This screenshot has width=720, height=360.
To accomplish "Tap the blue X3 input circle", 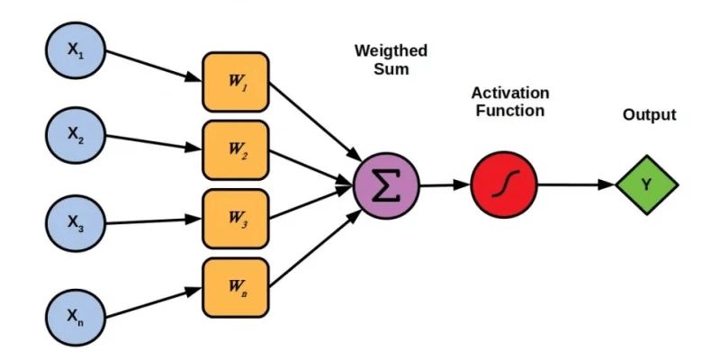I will click(x=76, y=221).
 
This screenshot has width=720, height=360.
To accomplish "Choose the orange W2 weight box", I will click(x=236, y=150).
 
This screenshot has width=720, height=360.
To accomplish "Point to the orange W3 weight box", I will click(x=236, y=219).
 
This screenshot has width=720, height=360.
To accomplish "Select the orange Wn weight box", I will click(x=236, y=287).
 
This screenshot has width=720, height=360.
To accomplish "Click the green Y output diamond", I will click(x=647, y=185).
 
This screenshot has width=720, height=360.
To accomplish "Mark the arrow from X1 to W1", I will click(x=153, y=67).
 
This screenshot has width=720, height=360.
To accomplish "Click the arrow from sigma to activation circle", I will click(x=445, y=186).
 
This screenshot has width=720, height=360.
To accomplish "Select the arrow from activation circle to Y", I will click(x=577, y=186).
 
